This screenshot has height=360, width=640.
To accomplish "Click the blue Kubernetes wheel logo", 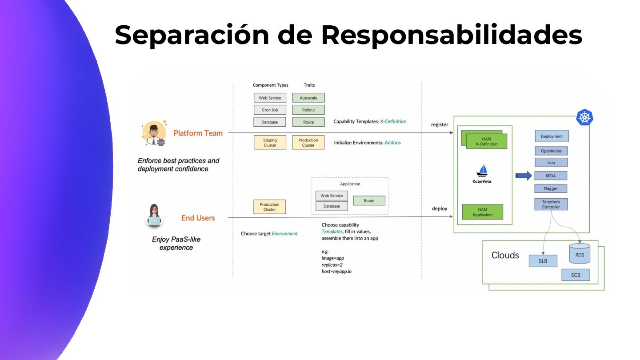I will pyautogui.click(x=585, y=117).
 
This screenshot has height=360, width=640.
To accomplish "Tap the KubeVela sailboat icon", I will pyautogui.click(x=482, y=171).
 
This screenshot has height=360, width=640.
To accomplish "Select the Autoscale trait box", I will pyautogui.click(x=308, y=98).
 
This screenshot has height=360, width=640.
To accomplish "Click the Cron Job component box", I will pyautogui.click(x=270, y=110).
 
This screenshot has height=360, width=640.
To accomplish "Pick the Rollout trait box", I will pyautogui.click(x=308, y=110).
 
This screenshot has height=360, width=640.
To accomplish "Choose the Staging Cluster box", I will pyautogui.click(x=270, y=143).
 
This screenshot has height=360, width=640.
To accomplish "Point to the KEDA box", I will pyautogui.click(x=551, y=176).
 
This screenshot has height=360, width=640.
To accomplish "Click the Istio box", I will pyautogui.click(x=551, y=163).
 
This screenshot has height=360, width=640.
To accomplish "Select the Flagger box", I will pyautogui.click(x=551, y=188).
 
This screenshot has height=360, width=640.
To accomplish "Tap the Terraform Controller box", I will pyautogui.click(x=551, y=204).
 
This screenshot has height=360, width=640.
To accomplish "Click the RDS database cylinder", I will pyautogui.click(x=580, y=254).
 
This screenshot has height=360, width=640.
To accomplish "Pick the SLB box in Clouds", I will pyautogui.click(x=543, y=261).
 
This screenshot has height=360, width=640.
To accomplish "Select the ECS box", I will pyautogui.click(x=576, y=275).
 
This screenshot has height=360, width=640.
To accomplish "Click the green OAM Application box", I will pyautogui.click(x=482, y=212).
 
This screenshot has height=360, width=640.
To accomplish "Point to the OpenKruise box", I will pyautogui.click(x=551, y=151).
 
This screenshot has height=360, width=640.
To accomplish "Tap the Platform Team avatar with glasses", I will pyautogui.click(x=154, y=133).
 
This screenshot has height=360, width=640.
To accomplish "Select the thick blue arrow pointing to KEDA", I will pyautogui.click(x=524, y=176).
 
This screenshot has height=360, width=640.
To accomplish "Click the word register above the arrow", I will pyautogui.click(x=440, y=125).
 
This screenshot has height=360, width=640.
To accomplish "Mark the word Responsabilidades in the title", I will pyautogui.click(x=451, y=35).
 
